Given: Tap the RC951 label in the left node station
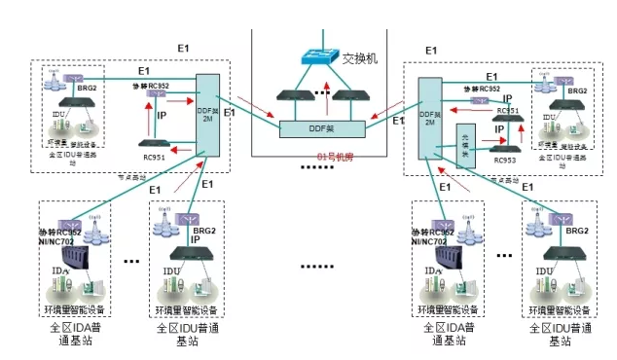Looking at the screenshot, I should click(x=154, y=157).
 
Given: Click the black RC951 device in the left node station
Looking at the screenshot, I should click(x=154, y=144).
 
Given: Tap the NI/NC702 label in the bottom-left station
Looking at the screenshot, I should click(x=77, y=240).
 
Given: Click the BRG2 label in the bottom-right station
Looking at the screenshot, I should click(x=576, y=230).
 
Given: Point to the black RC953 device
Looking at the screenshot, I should click(x=504, y=144).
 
